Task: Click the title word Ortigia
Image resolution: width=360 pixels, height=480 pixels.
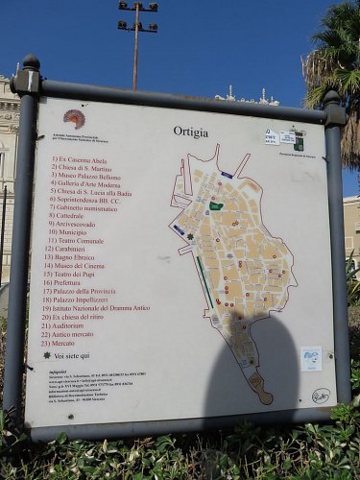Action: coord(190,132)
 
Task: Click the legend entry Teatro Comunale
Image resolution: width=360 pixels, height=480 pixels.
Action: coord(81,241)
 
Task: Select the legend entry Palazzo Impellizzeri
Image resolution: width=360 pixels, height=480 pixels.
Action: coord(87,300)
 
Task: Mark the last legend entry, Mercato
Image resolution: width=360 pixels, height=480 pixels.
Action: coord(69,343)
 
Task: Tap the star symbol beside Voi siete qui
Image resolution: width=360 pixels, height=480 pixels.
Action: coord(47,355)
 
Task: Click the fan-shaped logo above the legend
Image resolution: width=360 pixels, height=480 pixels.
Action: coord(74,118)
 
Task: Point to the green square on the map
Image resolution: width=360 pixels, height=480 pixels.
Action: coord(216,205)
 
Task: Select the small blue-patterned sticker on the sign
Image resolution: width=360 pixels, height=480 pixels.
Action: coord(310,359)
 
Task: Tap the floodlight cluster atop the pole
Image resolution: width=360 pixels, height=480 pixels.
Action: coord(138,16)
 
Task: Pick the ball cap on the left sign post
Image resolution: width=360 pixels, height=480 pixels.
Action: coord(31,62)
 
